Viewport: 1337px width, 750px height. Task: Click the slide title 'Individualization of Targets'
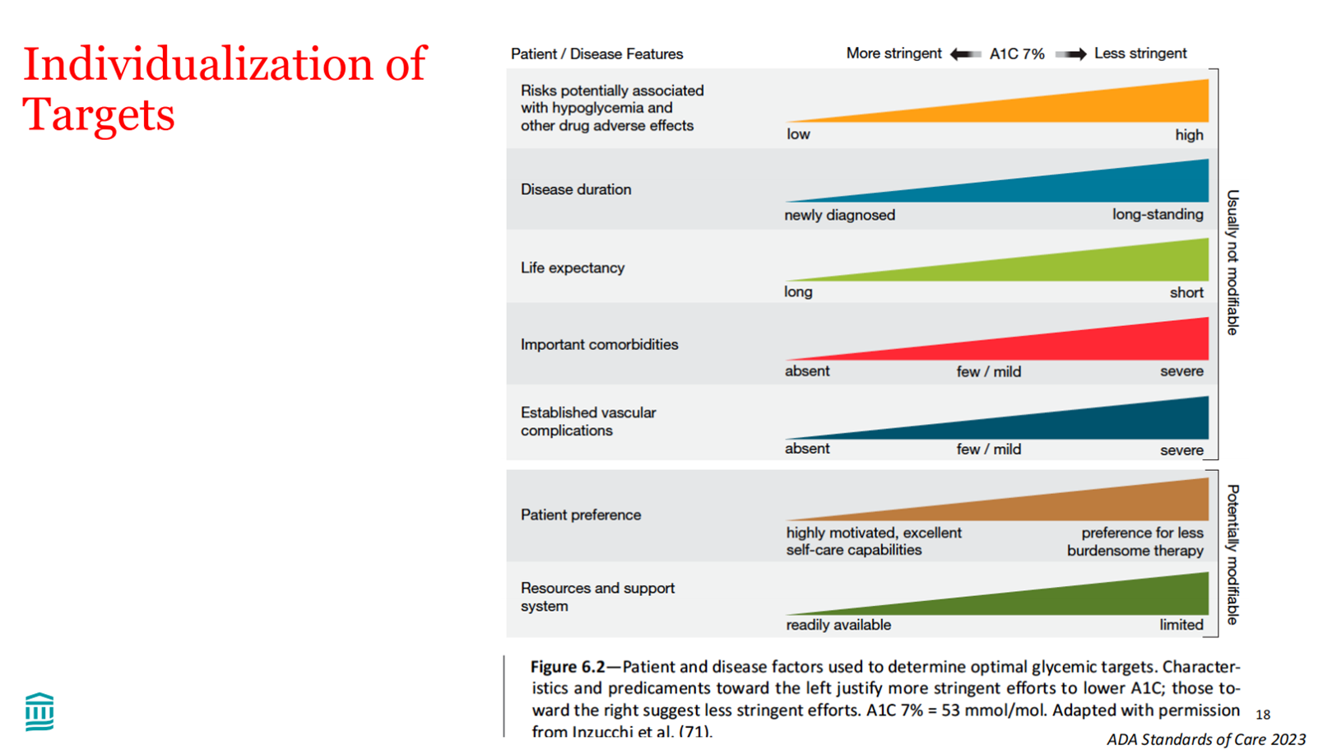click(x=224, y=88)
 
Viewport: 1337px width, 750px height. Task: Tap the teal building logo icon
click(x=39, y=712)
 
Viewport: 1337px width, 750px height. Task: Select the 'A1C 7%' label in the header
click(x=1016, y=54)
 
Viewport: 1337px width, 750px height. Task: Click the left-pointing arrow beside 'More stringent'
click(x=965, y=54)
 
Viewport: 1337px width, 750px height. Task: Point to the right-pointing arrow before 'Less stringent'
click(x=1070, y=54)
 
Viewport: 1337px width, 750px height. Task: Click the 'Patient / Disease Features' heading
click(x=597, y=54)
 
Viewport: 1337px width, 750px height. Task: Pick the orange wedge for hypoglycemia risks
click(x=1070, y=107)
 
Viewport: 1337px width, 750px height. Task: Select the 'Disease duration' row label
click(x=576, y=189)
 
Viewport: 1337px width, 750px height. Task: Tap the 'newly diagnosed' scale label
click(x=839, y=215)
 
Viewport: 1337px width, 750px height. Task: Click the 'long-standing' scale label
click(x=1158, y=214)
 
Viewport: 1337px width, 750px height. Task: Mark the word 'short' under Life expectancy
click(x=1186, y=292)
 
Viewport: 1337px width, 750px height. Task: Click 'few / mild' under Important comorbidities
click(x=988, y=372)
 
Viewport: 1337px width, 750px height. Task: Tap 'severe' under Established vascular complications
click(x=1181, y=450)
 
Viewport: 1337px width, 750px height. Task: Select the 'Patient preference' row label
click(x=580, y=515)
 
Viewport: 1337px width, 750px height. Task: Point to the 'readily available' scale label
click(x=838, y=625)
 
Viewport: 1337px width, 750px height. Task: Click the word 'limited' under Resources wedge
click(x=1181, y=625)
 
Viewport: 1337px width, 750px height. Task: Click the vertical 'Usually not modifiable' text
click(x=1233, y=263)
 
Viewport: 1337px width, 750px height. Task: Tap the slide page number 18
click(x=1263, y=715)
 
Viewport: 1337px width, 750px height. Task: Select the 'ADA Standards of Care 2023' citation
click(x=1205, y=739)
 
